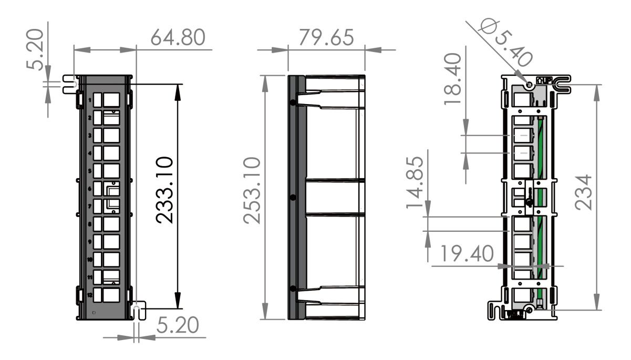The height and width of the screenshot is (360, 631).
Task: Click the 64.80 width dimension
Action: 177,38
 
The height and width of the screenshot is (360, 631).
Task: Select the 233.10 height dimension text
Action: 166,190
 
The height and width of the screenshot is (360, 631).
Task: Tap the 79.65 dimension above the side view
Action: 326,38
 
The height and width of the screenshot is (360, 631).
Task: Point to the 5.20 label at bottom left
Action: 178,326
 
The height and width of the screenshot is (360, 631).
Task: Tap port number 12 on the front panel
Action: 90,295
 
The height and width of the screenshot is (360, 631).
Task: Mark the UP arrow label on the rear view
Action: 544,81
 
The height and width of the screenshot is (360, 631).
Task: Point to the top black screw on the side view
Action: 293,102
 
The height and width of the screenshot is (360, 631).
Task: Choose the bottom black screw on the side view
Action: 293,289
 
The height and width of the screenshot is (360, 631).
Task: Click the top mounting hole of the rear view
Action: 530,85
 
